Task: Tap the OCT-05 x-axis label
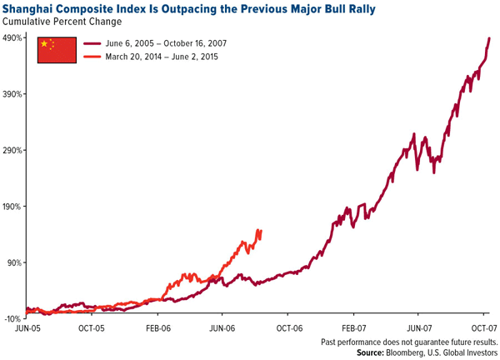tap(92, 329)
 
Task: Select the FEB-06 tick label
tap(157, 329)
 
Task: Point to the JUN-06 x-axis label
tap(222, 329)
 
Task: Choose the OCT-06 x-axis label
tap(288, 329)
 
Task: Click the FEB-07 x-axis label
tap(354, 329)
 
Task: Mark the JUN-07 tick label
tap(420, 329)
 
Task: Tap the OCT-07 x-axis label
tap(483, 329)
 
